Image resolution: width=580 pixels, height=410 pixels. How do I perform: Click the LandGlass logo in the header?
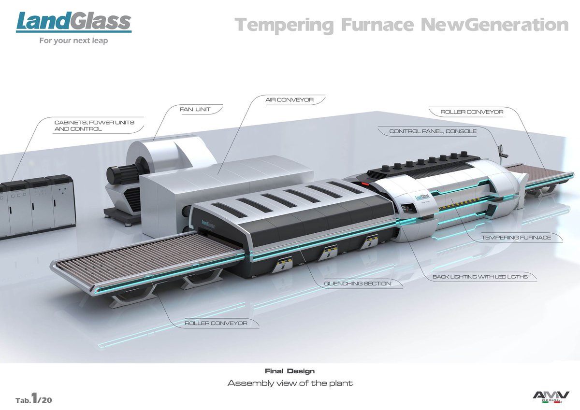tap(73, 22)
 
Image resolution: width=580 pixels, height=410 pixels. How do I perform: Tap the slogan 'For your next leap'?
tap(73, 41)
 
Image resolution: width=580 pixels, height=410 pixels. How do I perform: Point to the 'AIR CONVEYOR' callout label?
tap(290, 100)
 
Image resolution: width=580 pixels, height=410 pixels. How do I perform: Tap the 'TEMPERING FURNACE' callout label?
tap(516, 238)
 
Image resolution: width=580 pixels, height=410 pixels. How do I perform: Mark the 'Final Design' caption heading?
tap(290, 371)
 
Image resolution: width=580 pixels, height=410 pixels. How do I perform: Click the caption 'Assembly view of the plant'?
tap(290, 383)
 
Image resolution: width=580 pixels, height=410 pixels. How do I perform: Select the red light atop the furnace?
tap(363, 184)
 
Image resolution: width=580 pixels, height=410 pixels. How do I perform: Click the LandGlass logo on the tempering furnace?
tap(422, 197)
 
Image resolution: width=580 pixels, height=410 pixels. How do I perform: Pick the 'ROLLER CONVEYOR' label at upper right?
tap(472, 112)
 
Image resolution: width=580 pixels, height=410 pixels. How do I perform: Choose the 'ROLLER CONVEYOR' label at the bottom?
tap(216, 323)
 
